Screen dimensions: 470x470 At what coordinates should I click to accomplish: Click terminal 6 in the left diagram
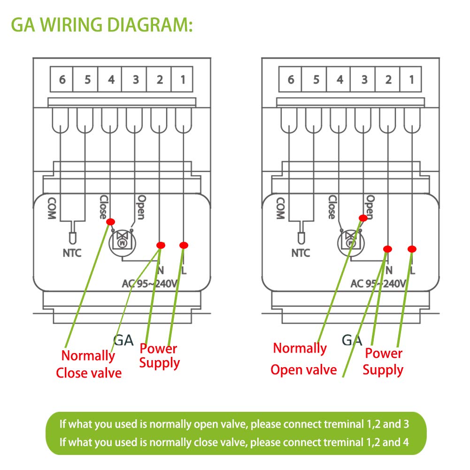62,79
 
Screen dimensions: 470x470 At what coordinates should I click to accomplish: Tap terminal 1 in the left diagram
182,79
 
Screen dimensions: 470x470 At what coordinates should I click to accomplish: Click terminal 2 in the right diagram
387,79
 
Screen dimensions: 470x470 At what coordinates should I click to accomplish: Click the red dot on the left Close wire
111,222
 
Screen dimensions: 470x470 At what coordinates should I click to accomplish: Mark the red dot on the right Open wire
363,218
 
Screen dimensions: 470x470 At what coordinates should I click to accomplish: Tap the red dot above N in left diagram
161,245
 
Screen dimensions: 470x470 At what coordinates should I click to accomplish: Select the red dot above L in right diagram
412,249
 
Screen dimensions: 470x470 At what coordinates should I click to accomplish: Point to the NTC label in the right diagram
300,253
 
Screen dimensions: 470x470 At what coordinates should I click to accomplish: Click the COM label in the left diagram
52,208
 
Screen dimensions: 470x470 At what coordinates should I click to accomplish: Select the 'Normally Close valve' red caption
89,364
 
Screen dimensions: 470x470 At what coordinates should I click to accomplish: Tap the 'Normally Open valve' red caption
303,359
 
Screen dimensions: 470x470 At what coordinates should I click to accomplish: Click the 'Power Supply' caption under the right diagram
383,362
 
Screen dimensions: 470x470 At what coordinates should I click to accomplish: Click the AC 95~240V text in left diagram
150,284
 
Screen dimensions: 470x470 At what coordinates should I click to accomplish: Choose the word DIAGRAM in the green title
150,24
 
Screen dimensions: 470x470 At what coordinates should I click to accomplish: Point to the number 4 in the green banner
406,442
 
